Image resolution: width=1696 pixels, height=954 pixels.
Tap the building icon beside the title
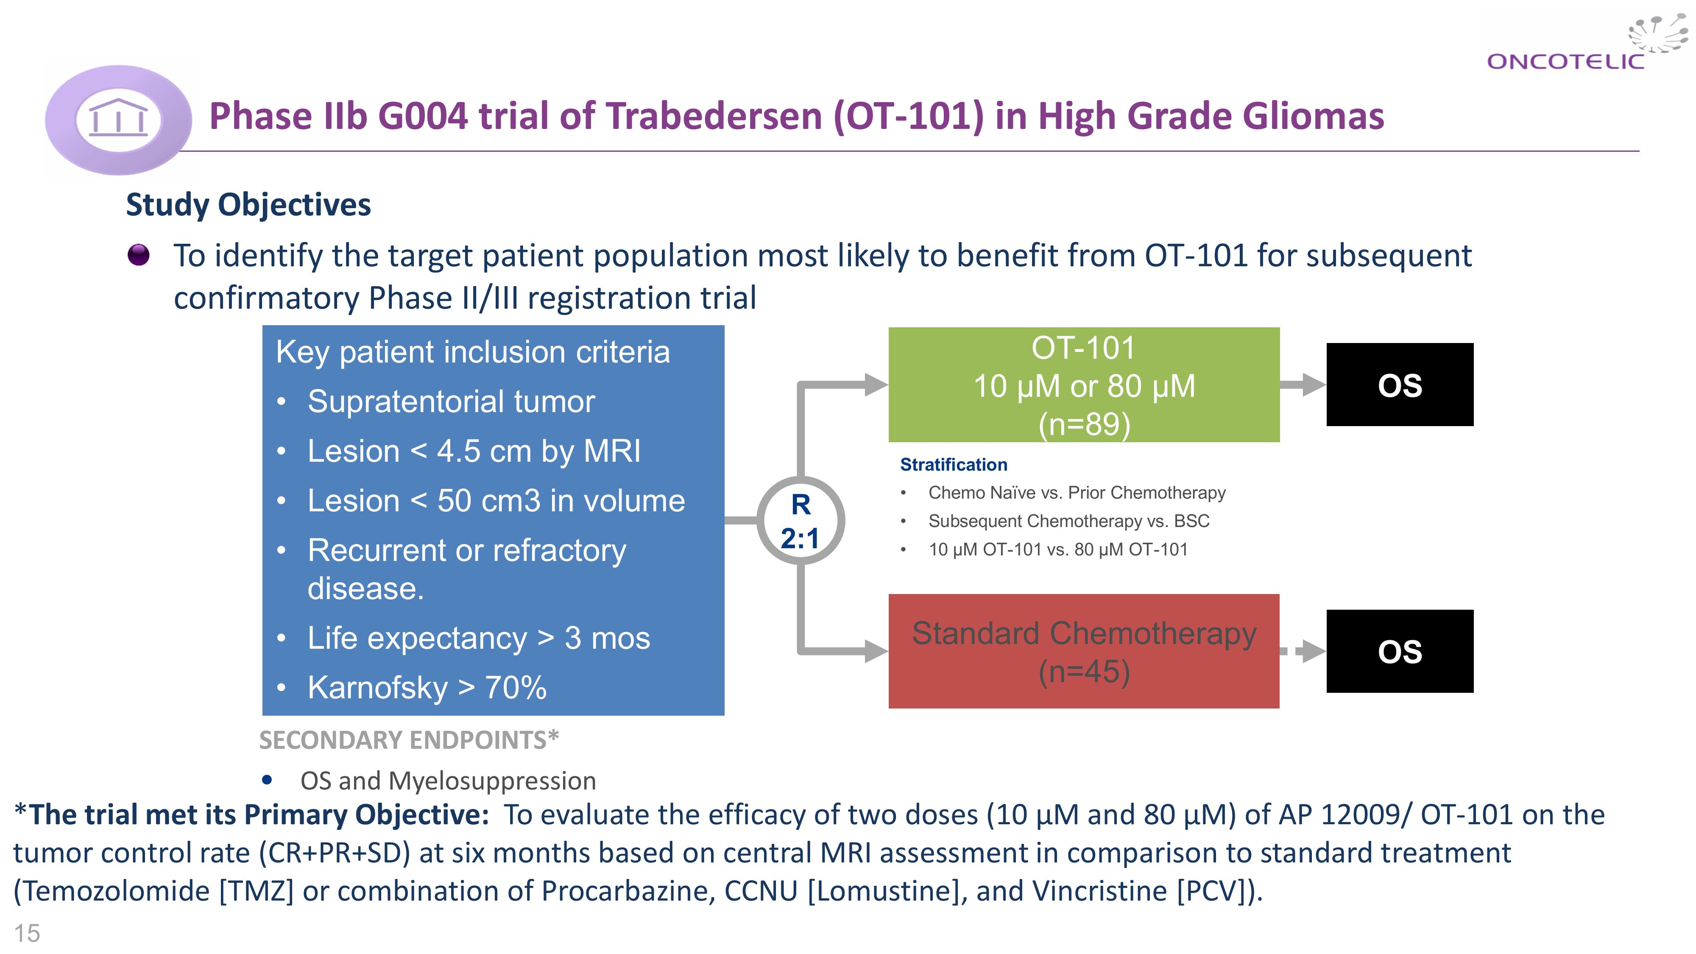coord(119,119)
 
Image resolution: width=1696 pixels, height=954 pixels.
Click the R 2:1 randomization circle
coord(801,521)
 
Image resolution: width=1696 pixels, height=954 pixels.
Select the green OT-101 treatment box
coord(1084,385)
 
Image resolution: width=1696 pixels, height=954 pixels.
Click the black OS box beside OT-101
coord(1400,385)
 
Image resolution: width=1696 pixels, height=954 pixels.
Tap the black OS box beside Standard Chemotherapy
coord(1400,651)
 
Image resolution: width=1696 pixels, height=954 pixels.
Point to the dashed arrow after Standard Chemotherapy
coord(1302,651)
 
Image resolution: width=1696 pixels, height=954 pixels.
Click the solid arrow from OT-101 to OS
coord(1302,385)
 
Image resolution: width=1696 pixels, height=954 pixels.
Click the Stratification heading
coord(953,465)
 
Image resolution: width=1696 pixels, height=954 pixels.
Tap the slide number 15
coord(27,933)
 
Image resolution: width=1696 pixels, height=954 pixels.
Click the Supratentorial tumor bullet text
coord(451,402)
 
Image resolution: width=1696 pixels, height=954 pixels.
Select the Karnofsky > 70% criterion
coord(427,688)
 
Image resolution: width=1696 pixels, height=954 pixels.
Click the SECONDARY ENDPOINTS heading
coord(409,740)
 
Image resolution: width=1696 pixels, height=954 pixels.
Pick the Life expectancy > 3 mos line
coord(479,638)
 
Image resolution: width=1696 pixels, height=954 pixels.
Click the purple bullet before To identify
coord(138,255)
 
